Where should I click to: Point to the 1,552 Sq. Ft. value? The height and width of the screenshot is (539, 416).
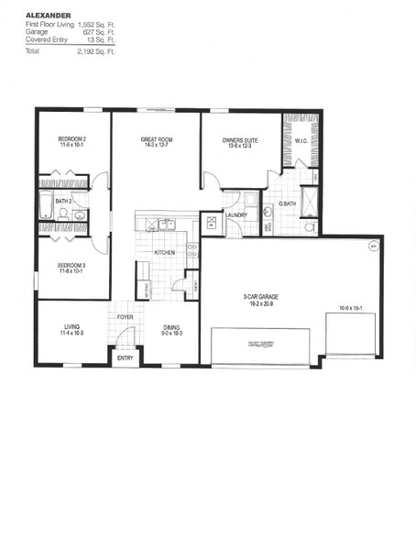(96, 25)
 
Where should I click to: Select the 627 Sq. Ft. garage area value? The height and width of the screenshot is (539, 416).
(101, 33)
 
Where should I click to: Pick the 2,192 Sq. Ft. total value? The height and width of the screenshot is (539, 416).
(96, 52)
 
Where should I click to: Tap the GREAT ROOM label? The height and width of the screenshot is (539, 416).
(156, 139)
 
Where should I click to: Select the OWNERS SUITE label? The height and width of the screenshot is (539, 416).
(241, 139)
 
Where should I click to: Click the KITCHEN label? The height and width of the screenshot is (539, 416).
(164, 251)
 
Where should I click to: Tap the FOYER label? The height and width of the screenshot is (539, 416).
(126, 320)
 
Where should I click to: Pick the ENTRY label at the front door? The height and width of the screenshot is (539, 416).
(125, 358)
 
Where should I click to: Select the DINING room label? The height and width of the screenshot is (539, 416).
(170, 327)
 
